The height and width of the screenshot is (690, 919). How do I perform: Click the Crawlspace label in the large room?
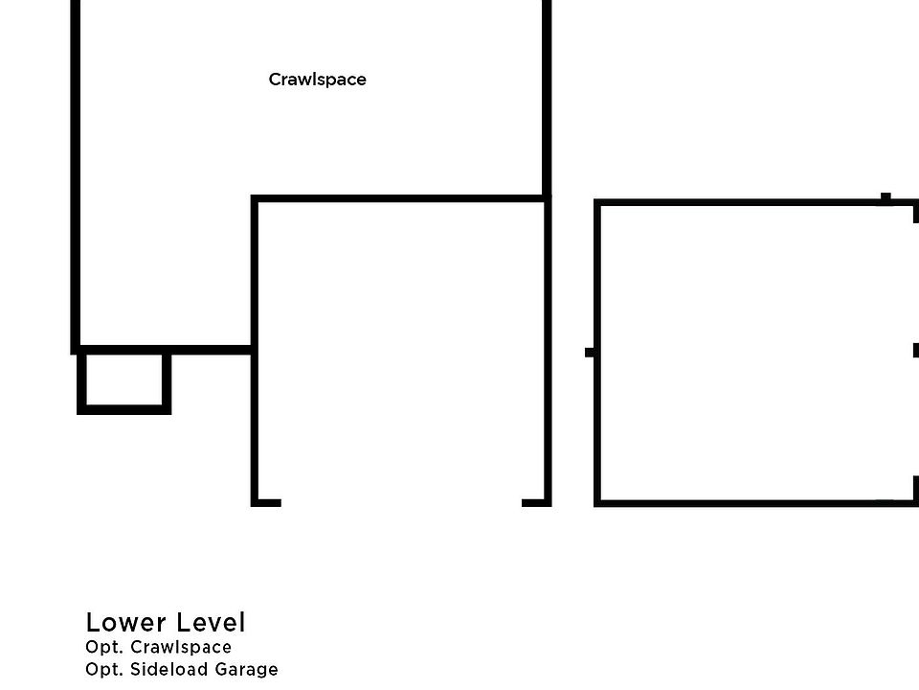[x=317, y=80]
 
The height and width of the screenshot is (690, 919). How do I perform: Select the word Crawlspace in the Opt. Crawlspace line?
[x=181, y=648]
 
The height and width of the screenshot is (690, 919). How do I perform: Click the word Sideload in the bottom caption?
[x=169, y=670]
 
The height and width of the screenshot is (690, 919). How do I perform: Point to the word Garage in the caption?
[x=247, y=670]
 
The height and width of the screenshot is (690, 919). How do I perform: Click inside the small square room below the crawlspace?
[x=123, y=380]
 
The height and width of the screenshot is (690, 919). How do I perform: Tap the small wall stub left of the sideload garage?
[x=590, y=352]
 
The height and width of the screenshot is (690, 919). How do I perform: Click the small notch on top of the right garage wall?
[x=885, y=197]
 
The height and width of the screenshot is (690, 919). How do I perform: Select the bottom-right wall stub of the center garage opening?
[x=534, y=501]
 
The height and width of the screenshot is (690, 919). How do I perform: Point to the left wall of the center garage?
[x=255, y=422]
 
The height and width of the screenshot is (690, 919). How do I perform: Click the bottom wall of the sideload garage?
[x=737, y=501]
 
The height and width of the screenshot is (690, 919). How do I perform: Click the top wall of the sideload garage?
[x=737, y=202]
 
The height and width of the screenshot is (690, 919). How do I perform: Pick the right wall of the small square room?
[x=167, y=381]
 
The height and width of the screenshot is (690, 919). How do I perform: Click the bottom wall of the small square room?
[x=123, y=409]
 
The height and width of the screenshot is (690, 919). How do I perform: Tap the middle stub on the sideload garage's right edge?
[x=916, y=350]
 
